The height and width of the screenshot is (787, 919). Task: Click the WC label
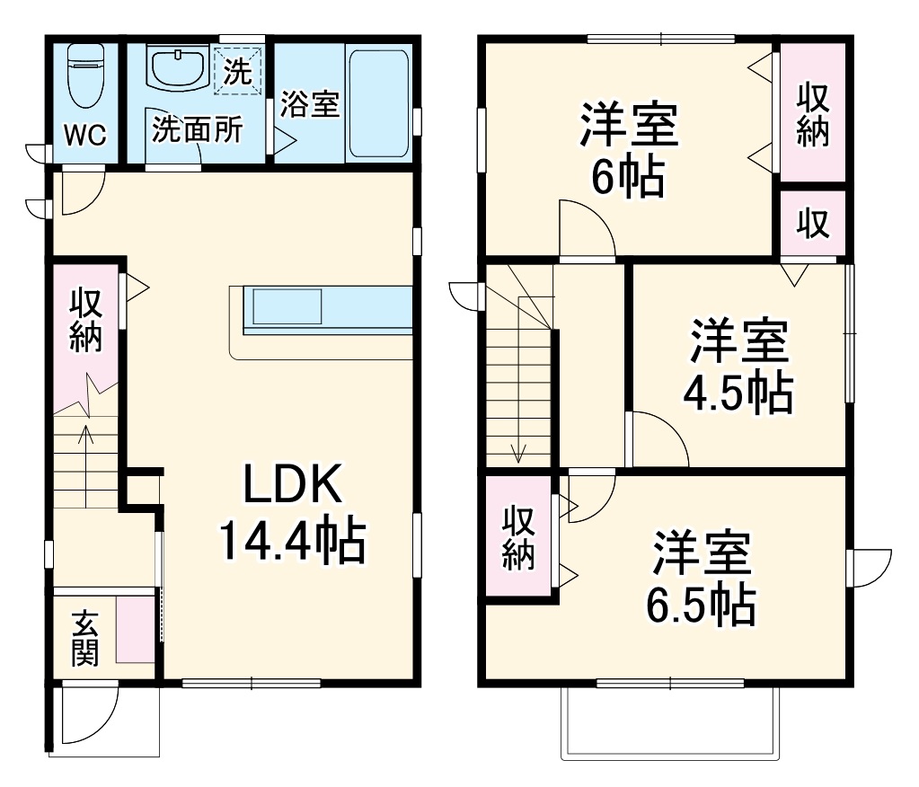[86, 136]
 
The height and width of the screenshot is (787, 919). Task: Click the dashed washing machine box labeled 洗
[238, 71]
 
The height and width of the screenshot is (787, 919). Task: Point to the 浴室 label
[309, 104]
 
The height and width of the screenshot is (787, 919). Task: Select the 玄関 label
[85, 639]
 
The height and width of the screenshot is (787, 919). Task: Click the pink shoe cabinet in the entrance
[135, 629]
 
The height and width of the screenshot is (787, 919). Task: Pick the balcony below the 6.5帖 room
[669, 723]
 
